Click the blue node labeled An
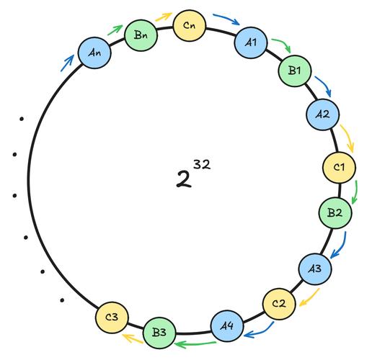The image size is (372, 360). tap(94, 53)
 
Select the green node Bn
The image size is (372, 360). tap(141, 35)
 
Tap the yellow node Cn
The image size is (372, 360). tap(190, 25)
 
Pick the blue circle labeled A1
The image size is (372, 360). tap(251, 42)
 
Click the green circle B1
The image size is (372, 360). tap(295, 71)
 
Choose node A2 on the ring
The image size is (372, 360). tap(323, 114)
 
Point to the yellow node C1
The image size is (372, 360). tap(339, 167)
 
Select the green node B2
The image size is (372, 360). tap(335, 212)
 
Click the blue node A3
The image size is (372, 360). tap(315, 269)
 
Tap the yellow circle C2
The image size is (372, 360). tap(279, 304)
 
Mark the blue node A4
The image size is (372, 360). tap(227, 326)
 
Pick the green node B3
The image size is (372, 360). tap(159, 333)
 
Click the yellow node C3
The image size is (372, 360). tap(112, 318)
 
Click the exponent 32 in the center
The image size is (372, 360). tap(202, 165)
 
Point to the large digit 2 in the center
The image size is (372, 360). tap(184, 179)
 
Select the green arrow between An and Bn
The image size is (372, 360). tap(115, 30)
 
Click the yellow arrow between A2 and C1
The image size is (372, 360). tap(348, 138)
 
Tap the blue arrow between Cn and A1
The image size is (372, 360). tap(226, 18)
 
